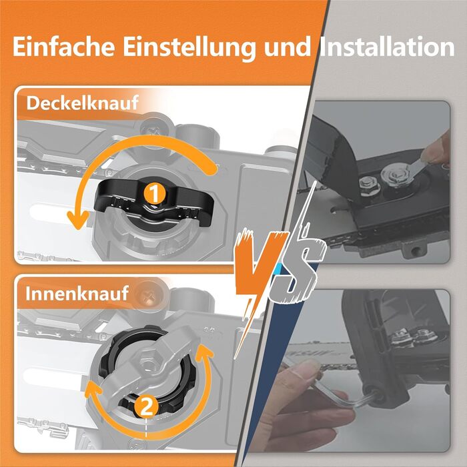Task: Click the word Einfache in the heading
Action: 63,47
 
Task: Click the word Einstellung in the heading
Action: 189,47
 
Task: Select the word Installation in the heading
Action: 387,47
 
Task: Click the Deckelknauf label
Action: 82,103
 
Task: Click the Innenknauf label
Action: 77,294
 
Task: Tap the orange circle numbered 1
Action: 154,194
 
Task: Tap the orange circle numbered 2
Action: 145,407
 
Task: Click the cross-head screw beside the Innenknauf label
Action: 147,295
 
